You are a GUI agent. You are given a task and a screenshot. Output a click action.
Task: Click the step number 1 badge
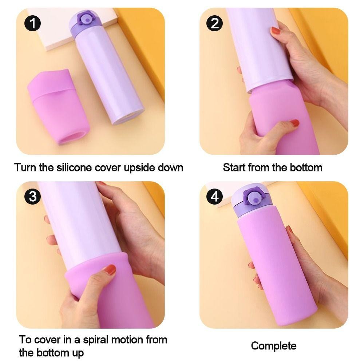point(32,23)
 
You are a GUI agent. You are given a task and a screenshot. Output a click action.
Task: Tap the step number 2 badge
point(214,23)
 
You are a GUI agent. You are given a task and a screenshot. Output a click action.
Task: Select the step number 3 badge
point(32,197)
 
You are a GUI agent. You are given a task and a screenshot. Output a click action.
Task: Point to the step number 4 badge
point(214,197)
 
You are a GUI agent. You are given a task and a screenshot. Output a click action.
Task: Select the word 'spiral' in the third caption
point(96,340)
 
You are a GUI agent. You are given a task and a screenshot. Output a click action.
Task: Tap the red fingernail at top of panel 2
point(276,30)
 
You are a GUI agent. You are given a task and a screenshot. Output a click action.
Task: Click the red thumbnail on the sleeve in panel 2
point(295,123)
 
